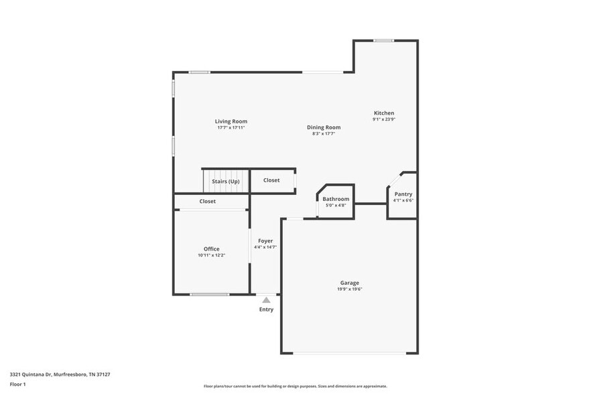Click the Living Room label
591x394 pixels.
tap(231, 121)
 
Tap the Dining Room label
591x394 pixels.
tap(324, 127)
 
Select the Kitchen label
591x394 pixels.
tap(384, 113)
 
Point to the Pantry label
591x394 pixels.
tap(403, 194)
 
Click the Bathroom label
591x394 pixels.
tap(336, 199)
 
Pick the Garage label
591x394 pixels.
tap(349, 283)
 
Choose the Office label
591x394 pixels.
tap(211, 249)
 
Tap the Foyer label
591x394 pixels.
tap(265, 241)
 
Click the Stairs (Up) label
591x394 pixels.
tap(226, 182)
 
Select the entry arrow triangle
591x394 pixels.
tap(266, 300)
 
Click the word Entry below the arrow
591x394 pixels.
tap(266, 310)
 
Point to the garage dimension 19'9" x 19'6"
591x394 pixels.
tap(349, 289)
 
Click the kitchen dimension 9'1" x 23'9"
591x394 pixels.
tap(384, 119)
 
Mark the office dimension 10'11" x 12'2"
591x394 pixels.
tap(211, 255)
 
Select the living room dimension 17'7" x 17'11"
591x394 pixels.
tap(231, 127)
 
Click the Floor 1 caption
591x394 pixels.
tap(17, 384)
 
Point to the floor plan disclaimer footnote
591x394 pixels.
tap(295, 386)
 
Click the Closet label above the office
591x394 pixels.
tap(208, 201)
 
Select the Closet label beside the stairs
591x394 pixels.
tap(271, 180)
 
